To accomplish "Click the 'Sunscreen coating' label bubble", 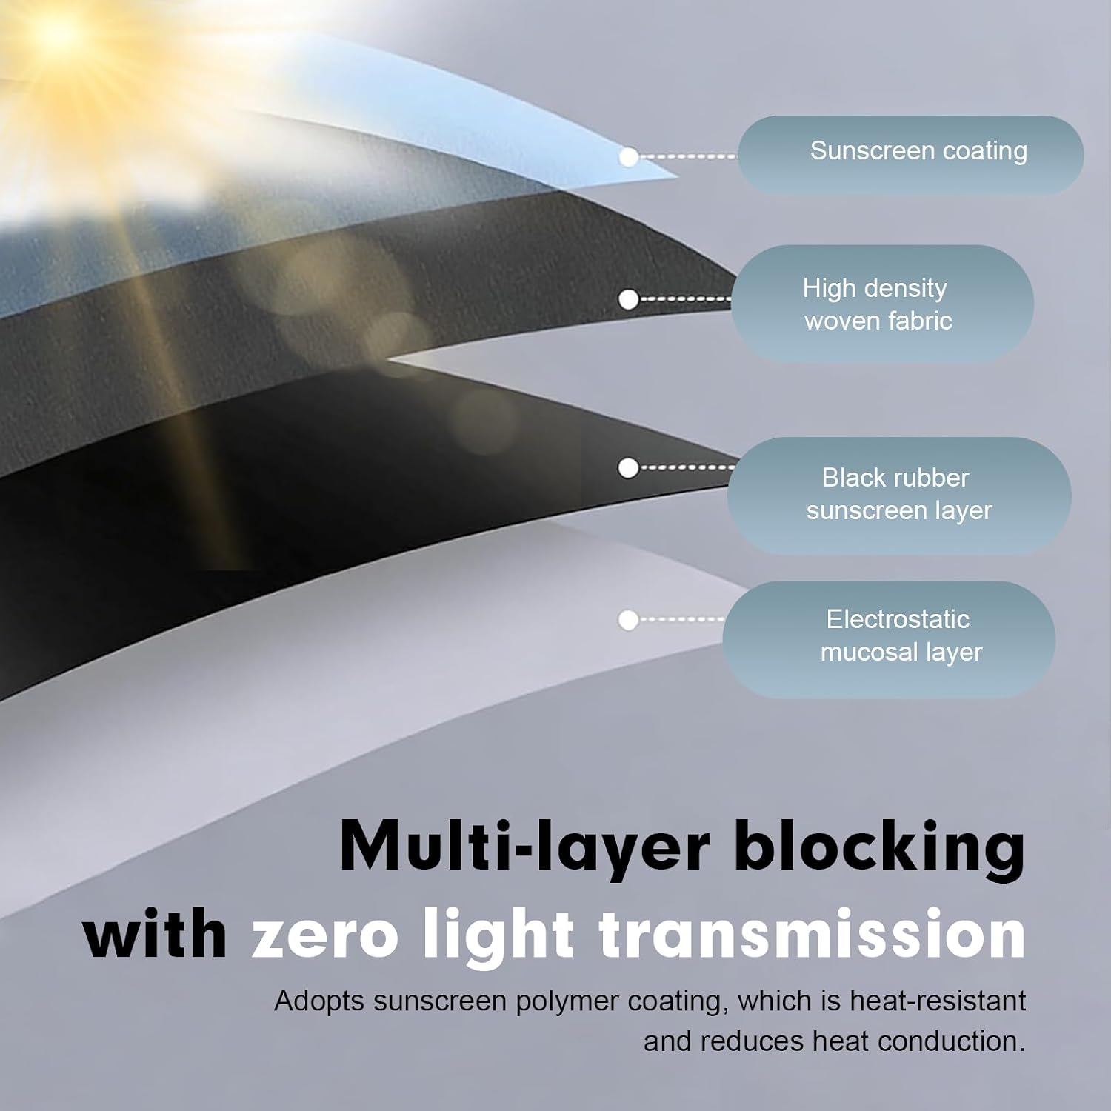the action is click(910, 155).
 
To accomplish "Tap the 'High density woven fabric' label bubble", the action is click(882, 304).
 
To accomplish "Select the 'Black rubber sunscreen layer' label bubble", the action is click(898, 496).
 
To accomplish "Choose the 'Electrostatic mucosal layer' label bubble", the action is click(889, 639).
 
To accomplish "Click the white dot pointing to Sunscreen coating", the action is click(629, 157).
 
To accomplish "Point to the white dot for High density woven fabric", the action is click(629, 300).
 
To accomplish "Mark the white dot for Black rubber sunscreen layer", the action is click(628, 468).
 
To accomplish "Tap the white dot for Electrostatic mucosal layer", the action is click(628, 620).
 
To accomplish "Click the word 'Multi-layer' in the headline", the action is click(524, 847).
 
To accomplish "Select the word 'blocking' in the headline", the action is click(880, 847).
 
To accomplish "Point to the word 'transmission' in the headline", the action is click(812, 934).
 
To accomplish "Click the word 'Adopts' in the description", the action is click(320, 1002).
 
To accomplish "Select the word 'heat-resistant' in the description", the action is click(938, 1001).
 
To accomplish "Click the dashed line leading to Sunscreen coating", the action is click(688, 157).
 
